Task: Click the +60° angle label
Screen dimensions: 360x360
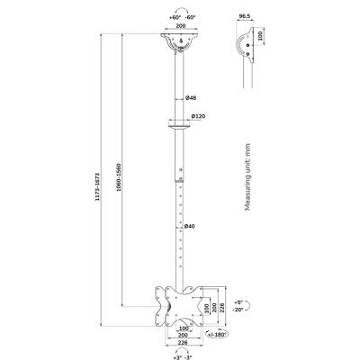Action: coord(171,17)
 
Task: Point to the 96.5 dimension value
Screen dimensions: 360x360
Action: coord(244,18)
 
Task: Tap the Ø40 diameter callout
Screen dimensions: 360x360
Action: coord(191,227)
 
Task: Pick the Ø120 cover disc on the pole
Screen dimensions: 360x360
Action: coord(180,127)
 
